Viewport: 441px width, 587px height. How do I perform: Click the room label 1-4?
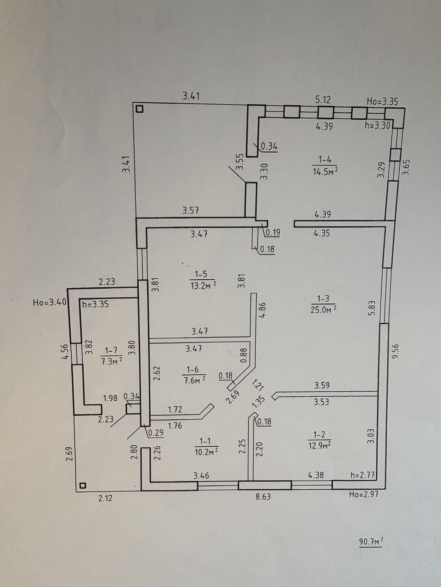[x=325, y=160]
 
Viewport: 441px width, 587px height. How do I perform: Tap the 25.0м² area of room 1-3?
[x=323, y=310]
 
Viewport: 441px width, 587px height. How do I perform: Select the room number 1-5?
[x=201, y=274]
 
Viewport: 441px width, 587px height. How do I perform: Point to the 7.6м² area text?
[x=195, y=380]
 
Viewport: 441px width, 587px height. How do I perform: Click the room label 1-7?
[x=111, y=350]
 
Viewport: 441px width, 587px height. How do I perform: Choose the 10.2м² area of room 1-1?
[x=206, y=452]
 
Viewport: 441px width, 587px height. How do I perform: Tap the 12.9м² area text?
[x=319, y=446]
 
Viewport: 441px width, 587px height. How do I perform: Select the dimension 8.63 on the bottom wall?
[x=263, y=497]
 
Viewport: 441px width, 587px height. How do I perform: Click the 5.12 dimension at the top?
[x=323, y=100]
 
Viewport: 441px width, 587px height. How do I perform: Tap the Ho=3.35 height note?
[x=382, y=102]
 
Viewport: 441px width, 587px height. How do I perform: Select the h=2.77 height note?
[x=362, y=475]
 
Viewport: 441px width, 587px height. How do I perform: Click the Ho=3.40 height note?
[x=49, y=303]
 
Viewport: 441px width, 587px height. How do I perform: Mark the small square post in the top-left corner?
[x=140, y=109]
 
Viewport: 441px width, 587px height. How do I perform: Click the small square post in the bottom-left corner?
[x=83, y=485]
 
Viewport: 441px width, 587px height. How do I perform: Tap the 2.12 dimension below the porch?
[x=105, y=498]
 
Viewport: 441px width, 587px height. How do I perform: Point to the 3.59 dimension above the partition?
[x=322, y=385]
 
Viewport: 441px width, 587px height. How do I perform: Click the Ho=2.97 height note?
[x=364, y=494]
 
